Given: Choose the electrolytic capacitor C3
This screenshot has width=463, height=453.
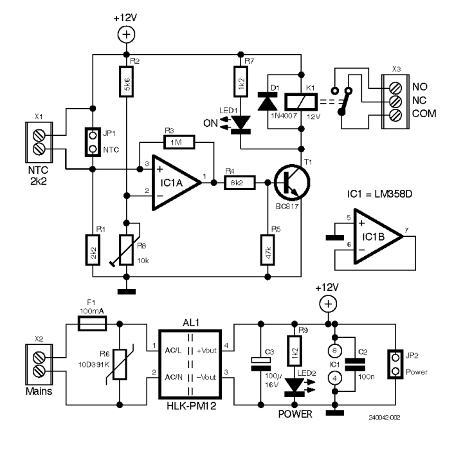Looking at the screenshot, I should pos(260,365).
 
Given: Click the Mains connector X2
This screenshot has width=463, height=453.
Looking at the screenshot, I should pos(37,364).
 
